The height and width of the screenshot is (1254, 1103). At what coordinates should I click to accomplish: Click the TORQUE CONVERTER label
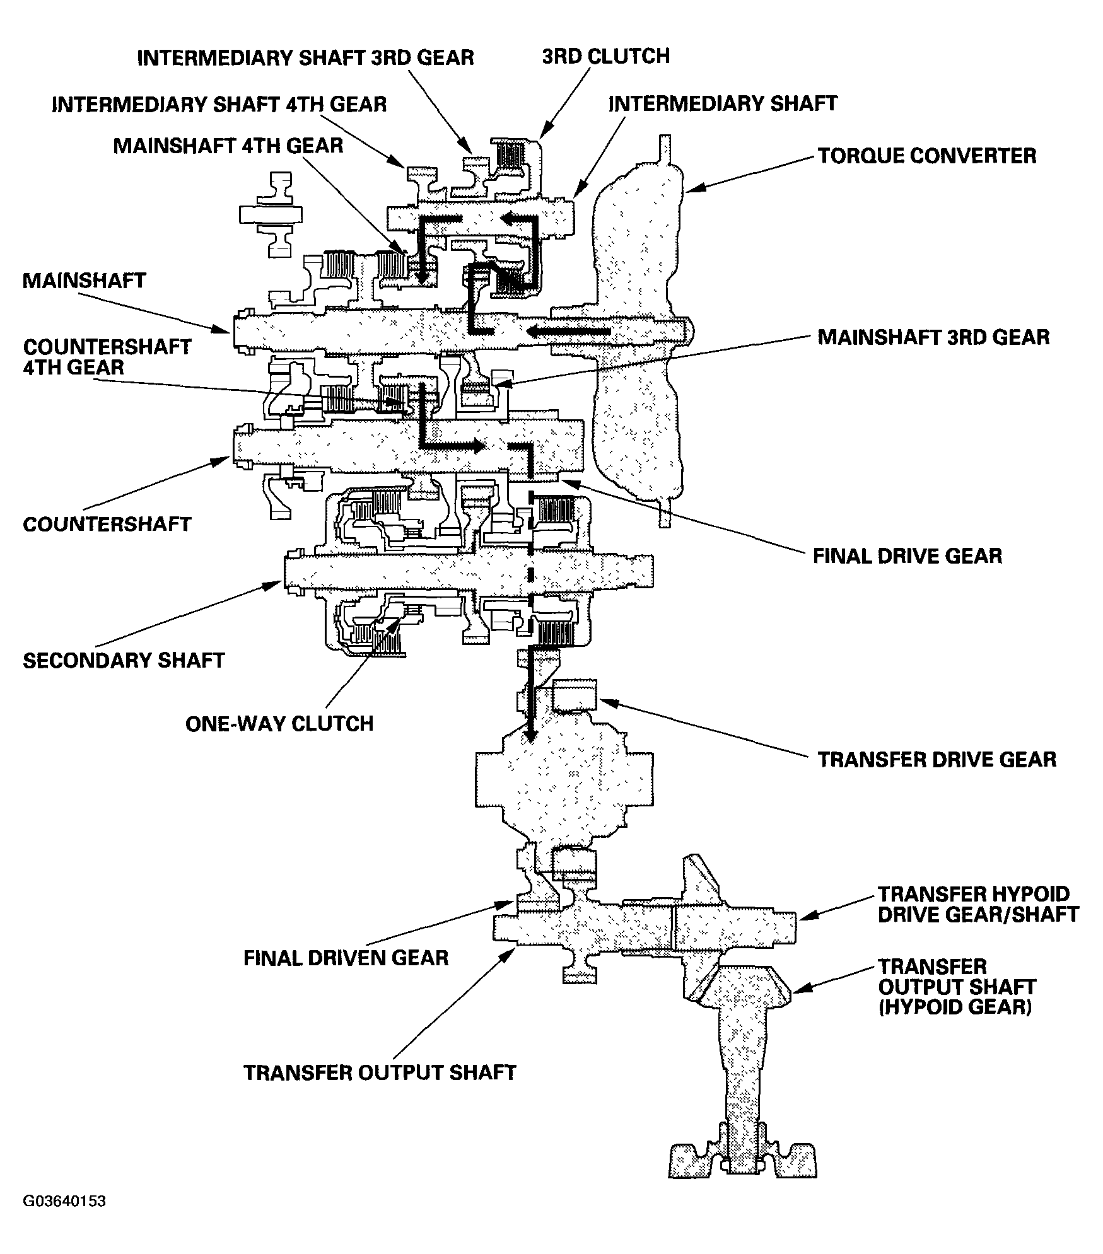tap(926, 156)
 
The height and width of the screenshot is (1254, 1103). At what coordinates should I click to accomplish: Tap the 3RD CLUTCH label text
tap(605, 56)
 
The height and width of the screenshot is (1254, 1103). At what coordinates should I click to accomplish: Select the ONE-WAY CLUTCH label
tap(279, 723)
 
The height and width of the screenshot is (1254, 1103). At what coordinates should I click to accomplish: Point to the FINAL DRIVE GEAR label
tap(907, 556)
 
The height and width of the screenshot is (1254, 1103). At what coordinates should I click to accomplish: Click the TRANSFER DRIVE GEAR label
tap(937, 759)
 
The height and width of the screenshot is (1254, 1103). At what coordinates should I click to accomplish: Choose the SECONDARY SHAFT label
tap(124, 660)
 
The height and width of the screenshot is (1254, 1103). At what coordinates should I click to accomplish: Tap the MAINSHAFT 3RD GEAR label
tap(933, 337)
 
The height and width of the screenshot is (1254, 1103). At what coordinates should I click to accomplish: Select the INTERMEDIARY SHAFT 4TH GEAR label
tap(219, 104)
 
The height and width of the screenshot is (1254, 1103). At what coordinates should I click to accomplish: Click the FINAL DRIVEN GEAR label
tap(346, 958)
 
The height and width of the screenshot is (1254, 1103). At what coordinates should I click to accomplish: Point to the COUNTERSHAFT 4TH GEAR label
tap(107, 357)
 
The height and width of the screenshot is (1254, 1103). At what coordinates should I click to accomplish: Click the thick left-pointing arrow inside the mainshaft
tap(568, 332)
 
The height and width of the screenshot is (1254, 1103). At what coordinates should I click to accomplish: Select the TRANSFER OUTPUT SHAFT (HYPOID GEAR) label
tap(956, 987)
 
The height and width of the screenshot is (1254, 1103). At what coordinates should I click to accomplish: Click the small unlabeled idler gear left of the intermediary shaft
tap(272, 214)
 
